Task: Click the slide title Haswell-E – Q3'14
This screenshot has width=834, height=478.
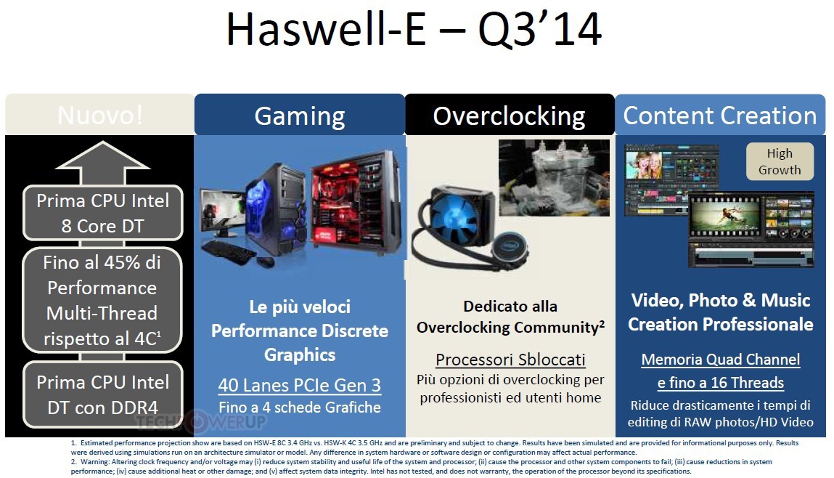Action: tap(414, 30)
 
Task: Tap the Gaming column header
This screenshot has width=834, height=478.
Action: tap(300, 115)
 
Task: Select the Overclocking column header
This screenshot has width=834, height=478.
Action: tap(510, 115)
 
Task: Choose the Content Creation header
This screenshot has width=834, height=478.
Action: tap(720, 115)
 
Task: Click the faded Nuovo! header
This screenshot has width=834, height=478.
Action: tap(100, 115)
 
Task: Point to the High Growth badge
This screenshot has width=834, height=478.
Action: tap(780, 161)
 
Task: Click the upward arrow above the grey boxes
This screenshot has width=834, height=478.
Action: tap(102, 163)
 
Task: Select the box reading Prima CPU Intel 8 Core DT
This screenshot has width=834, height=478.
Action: tap(102, 213)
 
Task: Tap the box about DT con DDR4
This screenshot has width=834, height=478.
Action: tap(102, 394)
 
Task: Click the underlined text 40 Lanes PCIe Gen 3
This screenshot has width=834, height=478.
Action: tap(300, 386)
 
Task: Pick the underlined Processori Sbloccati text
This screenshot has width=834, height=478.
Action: tap(510, 360)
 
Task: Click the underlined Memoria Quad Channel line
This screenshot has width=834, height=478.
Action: tap(720, 360)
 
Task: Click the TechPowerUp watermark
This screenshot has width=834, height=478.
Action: tap(200, 421)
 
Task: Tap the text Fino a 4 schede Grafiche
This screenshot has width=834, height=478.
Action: tap(300, 408)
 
